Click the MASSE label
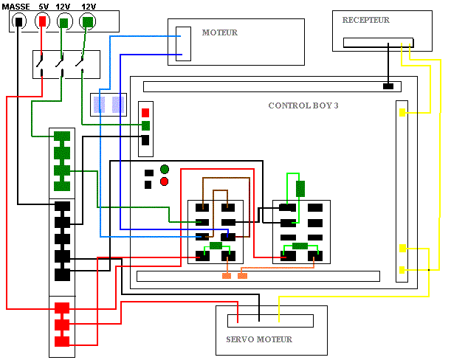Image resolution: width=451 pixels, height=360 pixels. (x=16, y=6)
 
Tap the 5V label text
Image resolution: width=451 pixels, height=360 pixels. (x=44, y=6)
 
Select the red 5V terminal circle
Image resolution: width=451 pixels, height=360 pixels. (x=43, y=21)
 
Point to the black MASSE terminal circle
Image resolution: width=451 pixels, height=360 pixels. (x=18, y=21)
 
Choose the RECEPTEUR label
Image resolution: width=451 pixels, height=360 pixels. (x=366, y=20)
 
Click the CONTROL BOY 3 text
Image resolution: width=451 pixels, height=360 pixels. (x=303, y=105)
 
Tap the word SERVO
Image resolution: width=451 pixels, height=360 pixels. (x=242, y=339)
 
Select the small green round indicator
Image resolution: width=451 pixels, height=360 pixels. (x=165, y=170)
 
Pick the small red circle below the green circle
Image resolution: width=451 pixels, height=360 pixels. (x=165, y=181)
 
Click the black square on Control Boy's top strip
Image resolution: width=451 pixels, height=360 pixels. (x=388, y=86)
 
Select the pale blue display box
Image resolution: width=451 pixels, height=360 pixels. (x=109, y=104)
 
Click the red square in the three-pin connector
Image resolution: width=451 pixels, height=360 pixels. (x=145, y=112)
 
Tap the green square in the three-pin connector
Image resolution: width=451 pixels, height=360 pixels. (x=145, y=125)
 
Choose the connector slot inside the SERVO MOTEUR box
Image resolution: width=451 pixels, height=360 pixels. (x=270, y=321)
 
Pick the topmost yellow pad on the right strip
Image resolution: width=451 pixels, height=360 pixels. (x=403, y=113)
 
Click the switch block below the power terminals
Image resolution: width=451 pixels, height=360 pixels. (x=66, y=65)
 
